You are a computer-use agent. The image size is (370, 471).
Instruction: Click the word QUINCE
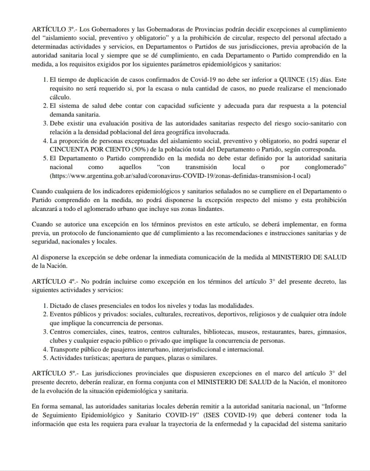[x=292, y=80]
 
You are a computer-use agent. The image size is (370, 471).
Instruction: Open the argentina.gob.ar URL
[x=180, y=176]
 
